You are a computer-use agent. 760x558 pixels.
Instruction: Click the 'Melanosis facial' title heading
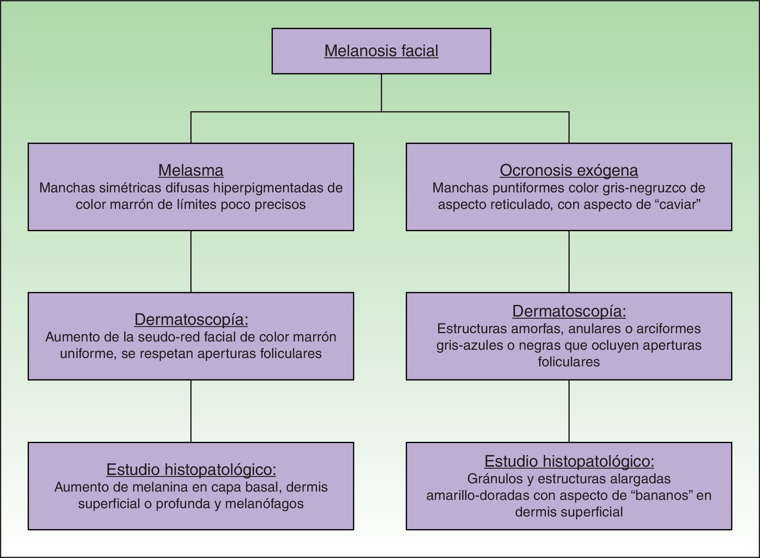pyautogui.click(x=381, y=51)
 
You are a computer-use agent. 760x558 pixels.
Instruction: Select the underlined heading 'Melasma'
pyautogui.click(x=191, y=170)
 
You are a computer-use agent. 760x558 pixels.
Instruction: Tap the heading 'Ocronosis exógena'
pyautogui.click(x=569, y=170)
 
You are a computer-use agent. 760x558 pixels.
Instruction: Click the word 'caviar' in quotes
pyautogui.click(x=679, y=205)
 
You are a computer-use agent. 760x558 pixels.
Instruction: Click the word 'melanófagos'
pyautogui.click(x=264, y=504)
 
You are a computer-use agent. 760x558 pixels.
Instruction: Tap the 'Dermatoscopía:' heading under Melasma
pyautogui.click(x=191, y=320)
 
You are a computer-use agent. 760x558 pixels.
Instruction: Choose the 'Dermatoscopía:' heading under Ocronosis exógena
pyautogui.click(x=569, y=311)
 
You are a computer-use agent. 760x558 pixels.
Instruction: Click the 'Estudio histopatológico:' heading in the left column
pyautogui.click(x=191, y=470)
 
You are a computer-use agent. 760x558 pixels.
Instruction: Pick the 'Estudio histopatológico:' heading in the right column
pyautogui.click(x=569, y=461)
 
